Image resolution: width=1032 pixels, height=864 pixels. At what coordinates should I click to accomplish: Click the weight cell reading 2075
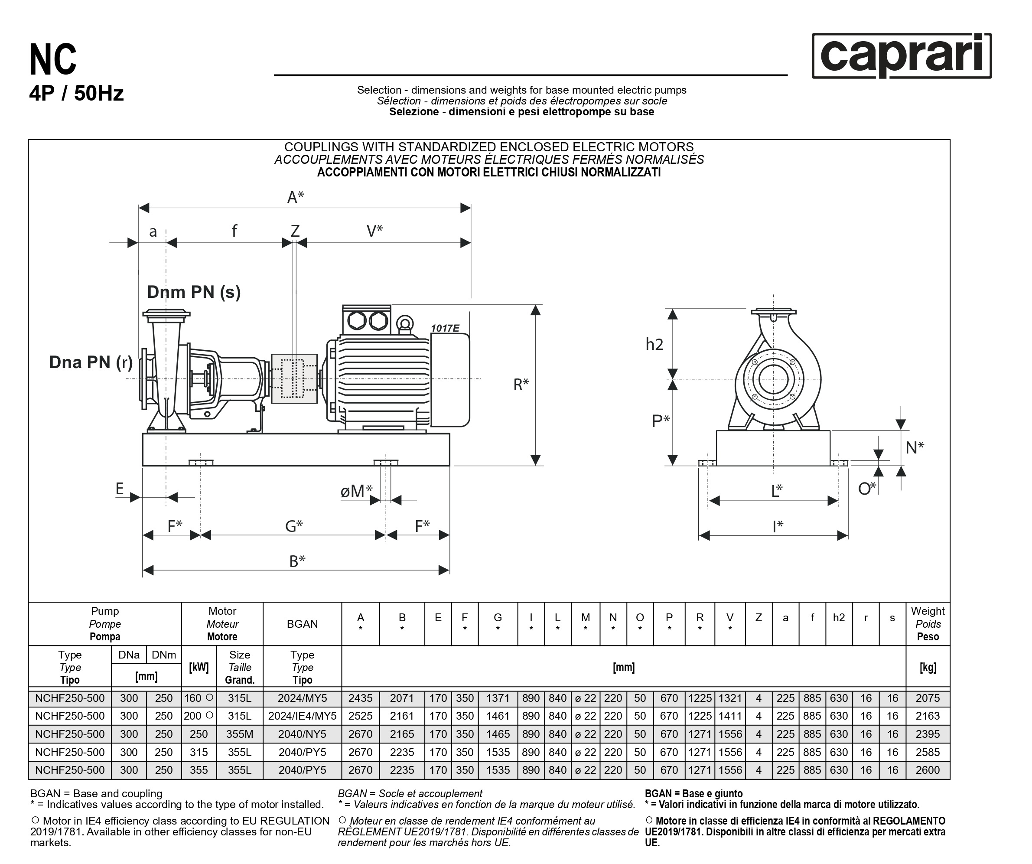pos(927,698)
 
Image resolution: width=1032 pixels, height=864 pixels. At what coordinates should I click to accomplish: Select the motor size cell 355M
pos(239,734)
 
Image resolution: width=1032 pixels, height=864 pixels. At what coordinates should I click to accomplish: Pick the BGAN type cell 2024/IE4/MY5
pos(302,716)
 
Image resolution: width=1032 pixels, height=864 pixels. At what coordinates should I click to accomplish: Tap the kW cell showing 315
pos(199,752)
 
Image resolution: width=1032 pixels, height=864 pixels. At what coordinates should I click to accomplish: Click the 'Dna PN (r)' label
pos(91,362)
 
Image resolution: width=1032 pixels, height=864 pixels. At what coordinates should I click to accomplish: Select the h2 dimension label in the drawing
pos(654,345)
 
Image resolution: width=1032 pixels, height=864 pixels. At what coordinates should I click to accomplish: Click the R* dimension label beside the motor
pos(521,385)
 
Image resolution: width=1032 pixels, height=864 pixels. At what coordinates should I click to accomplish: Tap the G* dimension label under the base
pos(294,526)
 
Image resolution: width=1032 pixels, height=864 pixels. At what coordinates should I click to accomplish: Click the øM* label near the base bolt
pos(356,491)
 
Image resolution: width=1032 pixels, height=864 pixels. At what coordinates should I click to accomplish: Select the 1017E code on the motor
pos(445,328)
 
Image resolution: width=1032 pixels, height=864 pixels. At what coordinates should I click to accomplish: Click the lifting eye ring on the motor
pos(404,323)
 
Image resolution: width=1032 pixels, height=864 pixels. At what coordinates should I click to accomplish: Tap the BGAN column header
pos(302,624)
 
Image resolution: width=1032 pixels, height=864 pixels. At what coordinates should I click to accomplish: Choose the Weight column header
pos(927,624)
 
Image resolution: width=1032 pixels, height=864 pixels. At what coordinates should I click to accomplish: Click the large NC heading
pos(53,59)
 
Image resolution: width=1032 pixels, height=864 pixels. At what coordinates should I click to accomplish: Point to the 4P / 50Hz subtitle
pos(76,93)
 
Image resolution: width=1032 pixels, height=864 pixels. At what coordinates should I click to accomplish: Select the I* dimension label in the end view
pos(778,526)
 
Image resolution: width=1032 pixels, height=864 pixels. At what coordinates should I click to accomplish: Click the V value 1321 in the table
pos(730,698)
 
